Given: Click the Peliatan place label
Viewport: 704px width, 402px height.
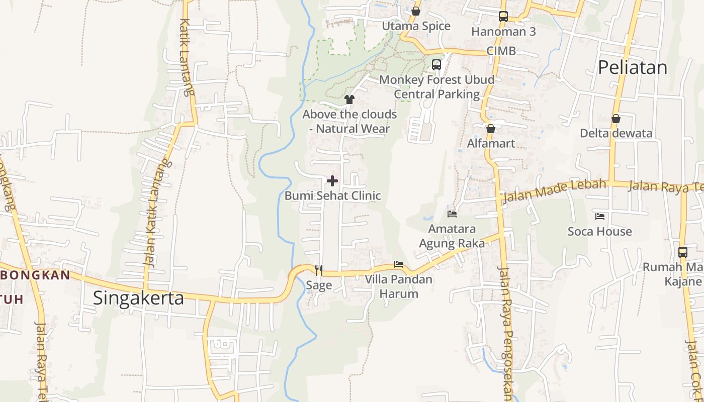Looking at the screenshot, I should pos(633,67).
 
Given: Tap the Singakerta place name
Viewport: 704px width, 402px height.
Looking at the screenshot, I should pos(138,298).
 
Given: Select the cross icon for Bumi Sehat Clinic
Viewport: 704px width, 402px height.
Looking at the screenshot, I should pos(332,180).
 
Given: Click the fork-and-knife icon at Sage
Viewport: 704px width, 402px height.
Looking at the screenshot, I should pos(318,270).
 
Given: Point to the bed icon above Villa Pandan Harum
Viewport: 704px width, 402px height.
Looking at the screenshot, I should pos(399,264).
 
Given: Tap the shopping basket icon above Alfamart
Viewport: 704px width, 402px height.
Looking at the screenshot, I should pos(491,129).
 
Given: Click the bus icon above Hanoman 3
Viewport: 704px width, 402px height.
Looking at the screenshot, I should pos(503,16).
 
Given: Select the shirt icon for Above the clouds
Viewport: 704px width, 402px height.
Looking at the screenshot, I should pos(349,99).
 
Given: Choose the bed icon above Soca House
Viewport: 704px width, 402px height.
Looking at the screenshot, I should pos(600,217).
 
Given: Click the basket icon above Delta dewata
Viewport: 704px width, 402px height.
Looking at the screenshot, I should pos(616,119).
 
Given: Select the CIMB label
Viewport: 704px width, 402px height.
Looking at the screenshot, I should pos(501,51).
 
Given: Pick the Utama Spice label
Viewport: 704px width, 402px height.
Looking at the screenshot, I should pos(416,26).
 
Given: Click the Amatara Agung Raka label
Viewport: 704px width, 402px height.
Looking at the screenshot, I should pos(452,236).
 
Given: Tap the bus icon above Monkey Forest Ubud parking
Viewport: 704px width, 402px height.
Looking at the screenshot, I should pos(436,64).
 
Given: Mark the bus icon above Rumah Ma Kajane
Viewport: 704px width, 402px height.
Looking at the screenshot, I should pos(682,252).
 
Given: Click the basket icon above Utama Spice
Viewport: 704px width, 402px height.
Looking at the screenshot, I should pos(416,11).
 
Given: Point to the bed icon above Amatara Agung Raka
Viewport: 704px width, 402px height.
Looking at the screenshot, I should pos(452,214).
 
